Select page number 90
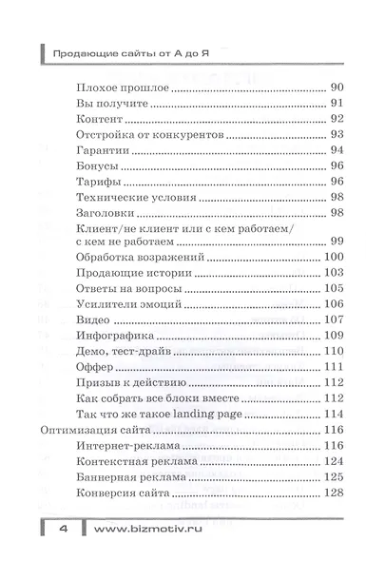pyautogui.click(x=337, y=87)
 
